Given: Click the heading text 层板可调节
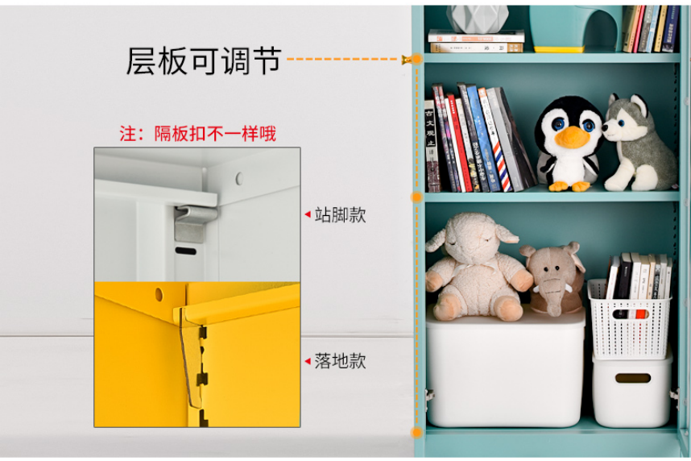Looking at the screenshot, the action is [x=204, y=60].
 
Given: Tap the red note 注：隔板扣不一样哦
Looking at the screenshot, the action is [x=197, y=134].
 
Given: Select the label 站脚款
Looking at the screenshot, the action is [x=340, y=215].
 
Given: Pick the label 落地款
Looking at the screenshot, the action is [x=340, y=361].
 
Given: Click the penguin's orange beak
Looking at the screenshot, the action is [x=572, y=137].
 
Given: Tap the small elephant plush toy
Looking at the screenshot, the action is [x=553, y=279].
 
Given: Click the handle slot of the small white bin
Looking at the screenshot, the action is [x=633, y=378].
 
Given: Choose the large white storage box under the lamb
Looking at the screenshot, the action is [x=506, y=368].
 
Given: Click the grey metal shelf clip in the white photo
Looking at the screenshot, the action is [x=195, y=222].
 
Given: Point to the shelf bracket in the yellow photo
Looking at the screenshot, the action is [x=194, y=357].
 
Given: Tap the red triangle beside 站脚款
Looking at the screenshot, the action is [x=308, y=215].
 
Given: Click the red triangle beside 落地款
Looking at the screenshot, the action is [x=308, y=361].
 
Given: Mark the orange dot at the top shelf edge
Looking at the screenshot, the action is [x=416, y=59].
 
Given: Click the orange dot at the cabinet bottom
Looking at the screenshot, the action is [x=416, y=432].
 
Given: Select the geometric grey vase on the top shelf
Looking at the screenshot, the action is [x=478, y=19].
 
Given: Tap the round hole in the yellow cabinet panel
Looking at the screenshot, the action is [x=159, y=294].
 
